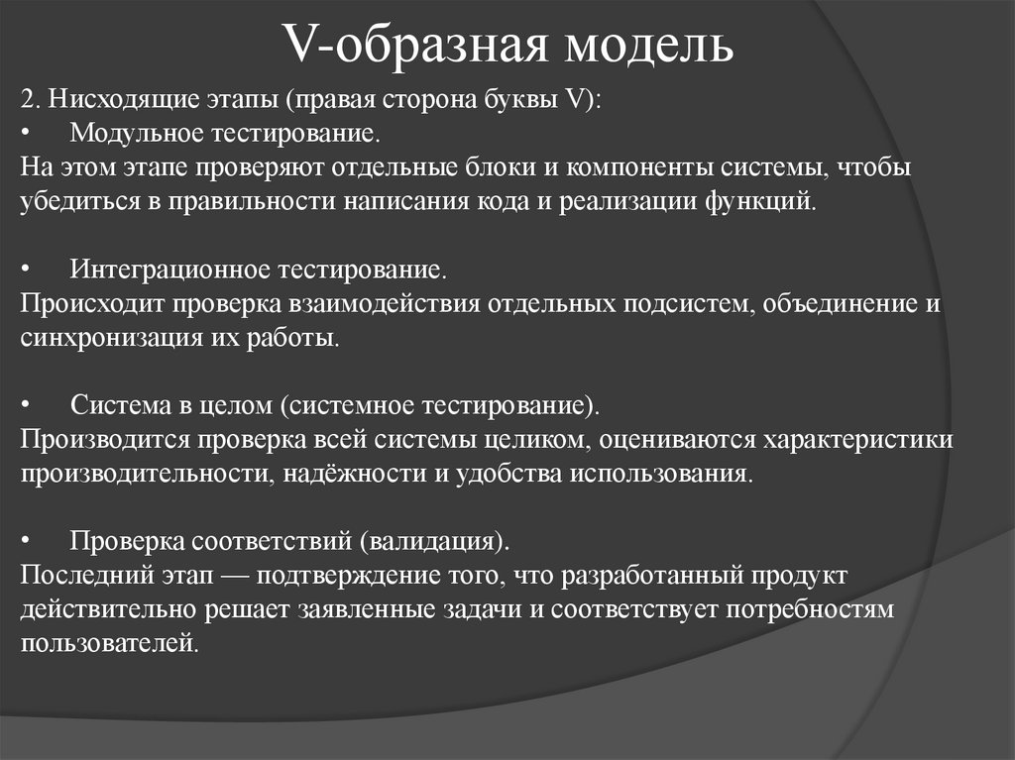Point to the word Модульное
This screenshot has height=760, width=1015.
click(132, 133)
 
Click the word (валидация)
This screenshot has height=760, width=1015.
click(436, 542)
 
